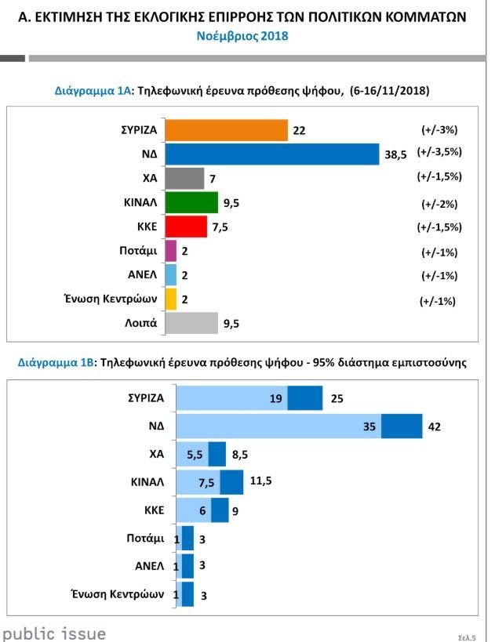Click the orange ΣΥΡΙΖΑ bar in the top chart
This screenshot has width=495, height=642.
(227, 129)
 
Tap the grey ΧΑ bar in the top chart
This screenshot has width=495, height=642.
(185, 178)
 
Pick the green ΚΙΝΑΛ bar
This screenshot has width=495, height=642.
(192, 202)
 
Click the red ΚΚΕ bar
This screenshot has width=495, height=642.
(187, 227)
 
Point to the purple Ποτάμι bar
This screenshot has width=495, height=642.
(172, 251)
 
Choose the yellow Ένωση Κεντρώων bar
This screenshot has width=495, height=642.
(172, 299)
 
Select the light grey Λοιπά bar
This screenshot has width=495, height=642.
(192, 323)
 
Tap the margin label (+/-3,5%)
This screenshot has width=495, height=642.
(439, 154)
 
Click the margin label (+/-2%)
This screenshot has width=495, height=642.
(439, 204)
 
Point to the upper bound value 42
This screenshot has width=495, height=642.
(436, 427)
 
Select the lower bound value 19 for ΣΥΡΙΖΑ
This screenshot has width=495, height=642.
(275, 398)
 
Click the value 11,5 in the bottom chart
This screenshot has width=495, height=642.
(260, 481)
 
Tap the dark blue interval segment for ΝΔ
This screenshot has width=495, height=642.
(402, 426)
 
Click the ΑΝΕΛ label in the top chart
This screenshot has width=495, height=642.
(142, 274)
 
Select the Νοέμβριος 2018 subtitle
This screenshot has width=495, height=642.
(247, 36)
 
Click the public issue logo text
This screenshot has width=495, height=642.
(54, 633)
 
